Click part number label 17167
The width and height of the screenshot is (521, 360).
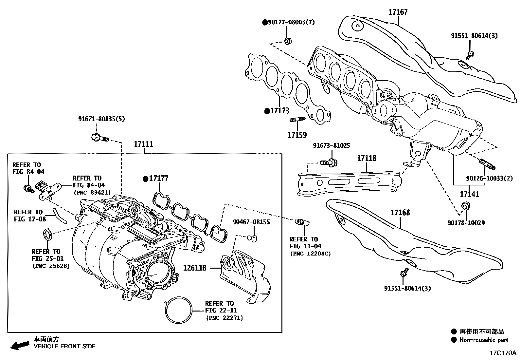click(x=398, y=12)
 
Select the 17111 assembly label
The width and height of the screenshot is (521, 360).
click(x=144, y=144)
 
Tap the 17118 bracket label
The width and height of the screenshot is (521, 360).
click(x=367, y=158)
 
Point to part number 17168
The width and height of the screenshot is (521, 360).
click(x=400, y=213)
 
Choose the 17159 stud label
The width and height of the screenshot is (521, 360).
click(x=297, y=135)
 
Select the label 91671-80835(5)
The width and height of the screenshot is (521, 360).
click(x=101, y=119)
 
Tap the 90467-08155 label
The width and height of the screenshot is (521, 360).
click(x=251, y=222)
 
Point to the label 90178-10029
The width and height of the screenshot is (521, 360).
click(x=466, y=223)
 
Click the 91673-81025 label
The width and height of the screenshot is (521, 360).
click(x=331, y=145)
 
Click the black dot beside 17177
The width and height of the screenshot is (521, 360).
click(x=145, y=179)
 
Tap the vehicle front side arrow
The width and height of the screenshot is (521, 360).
click(x=19, y=345)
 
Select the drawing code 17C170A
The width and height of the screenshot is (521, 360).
click(x=502, y=353)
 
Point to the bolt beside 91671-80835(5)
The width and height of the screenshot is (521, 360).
click(x=99, y=138)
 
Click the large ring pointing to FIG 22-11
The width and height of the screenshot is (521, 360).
click(x=179, y=311)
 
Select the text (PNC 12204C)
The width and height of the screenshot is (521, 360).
click(x=310, y=254)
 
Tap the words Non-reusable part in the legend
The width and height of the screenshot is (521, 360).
click(x=484, y=340)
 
